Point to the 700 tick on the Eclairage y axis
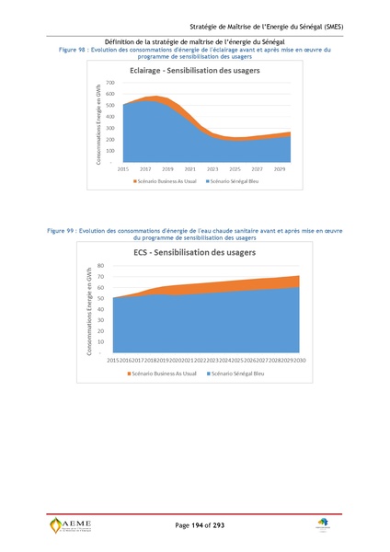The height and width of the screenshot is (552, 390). (x=109, y=83)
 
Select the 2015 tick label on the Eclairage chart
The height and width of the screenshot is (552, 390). (x=123, y=169)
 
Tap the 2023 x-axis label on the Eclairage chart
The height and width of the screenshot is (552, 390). (x=212, y=169)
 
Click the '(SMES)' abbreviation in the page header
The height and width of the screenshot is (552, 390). (x=328, y=27)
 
